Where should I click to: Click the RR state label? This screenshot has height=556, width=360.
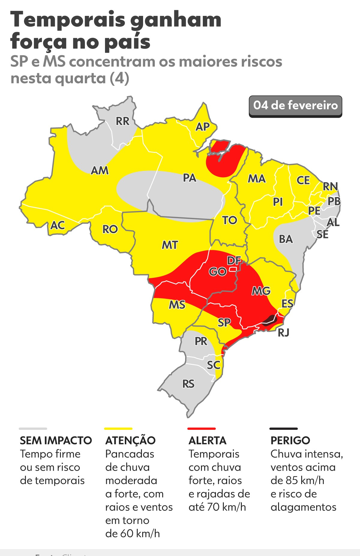click(x=122, y=121)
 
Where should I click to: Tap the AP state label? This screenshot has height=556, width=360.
click(x=202, y=127)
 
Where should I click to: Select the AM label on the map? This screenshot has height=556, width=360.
click(x=100, y=171)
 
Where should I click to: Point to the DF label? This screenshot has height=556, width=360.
click(x=234, y=261)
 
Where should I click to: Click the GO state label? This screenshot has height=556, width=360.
click(x=217, y=272)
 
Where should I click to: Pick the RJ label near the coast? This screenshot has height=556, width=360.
click(x=283, y=332)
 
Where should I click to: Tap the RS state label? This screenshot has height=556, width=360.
click(x=188, y=384)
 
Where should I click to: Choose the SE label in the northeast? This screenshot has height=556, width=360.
click(x=322, y=234)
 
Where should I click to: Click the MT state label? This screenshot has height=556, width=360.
click(x=170, y=245)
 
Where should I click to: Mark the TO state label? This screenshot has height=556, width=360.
click(x=230, y=220)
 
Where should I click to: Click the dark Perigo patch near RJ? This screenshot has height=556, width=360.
click(x=269, y=320)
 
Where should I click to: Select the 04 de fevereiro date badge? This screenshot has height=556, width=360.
click(x=295, y=106)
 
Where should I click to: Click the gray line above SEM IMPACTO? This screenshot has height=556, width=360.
click(x=33, y=429)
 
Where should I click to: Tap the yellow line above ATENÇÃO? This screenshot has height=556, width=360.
click(x=118, y=429)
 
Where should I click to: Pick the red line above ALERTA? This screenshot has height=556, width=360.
click(x=201, y=429)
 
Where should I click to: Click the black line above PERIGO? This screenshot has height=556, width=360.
click(x=283, y=429)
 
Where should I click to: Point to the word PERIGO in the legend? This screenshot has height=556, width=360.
click(x=290, y=440)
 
